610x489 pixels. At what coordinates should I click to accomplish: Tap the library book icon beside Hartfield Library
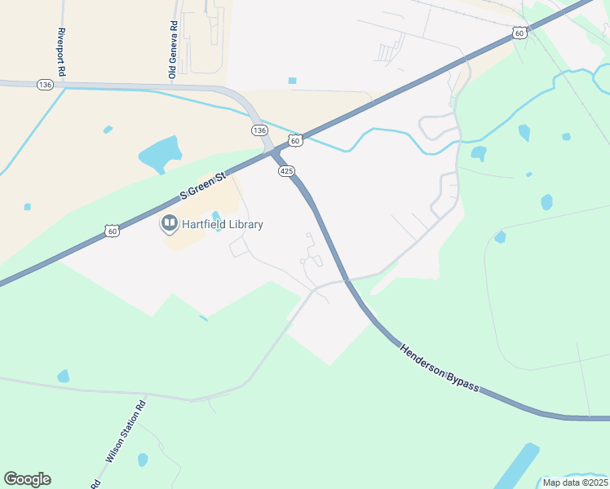170,222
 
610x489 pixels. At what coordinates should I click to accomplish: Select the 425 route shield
285,171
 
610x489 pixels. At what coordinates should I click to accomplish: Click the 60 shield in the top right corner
519,33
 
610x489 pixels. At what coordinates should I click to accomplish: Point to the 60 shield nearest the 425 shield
296,141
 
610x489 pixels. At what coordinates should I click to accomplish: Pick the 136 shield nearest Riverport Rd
45,85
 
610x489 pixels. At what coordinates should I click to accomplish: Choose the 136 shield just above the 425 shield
259,130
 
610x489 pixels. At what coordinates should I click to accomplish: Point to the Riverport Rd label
62,53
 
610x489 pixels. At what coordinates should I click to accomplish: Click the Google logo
27,479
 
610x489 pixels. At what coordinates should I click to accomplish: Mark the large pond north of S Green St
159,153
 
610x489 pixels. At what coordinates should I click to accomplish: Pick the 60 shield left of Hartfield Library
112,231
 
